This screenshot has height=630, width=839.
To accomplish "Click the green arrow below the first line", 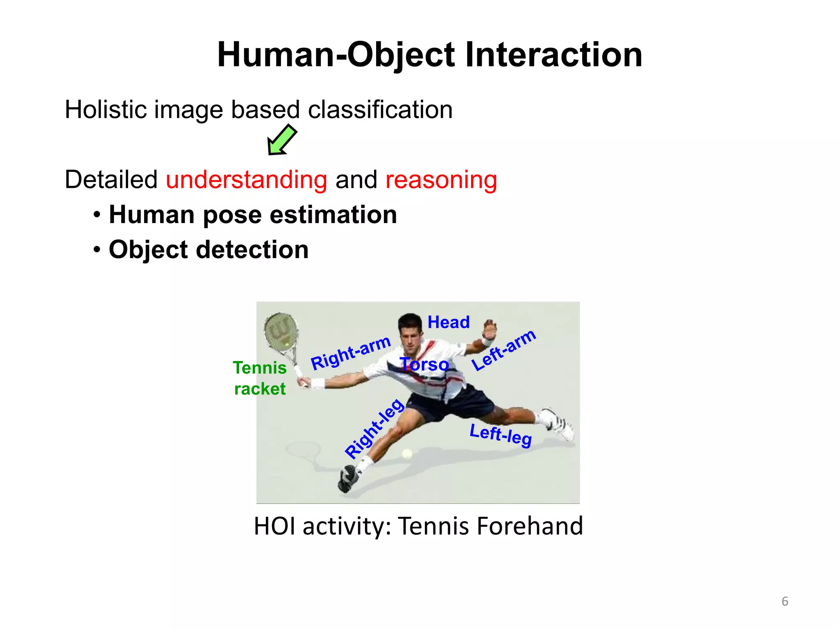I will click(282, 140).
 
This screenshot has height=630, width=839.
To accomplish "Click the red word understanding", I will click(246, 180).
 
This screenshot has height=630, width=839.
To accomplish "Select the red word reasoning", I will click(441, 180).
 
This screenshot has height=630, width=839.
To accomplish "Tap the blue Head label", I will click(449, 322).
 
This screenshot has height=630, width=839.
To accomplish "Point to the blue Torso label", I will click(424, 364).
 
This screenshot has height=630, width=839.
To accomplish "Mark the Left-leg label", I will click(501, 435).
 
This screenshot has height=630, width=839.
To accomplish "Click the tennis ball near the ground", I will click(407, 454).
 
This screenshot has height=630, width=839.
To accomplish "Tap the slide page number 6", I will click(785, 601).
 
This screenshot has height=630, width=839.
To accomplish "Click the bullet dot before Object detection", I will click(97, 249).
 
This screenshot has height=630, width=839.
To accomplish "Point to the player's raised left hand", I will click(489, 328).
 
